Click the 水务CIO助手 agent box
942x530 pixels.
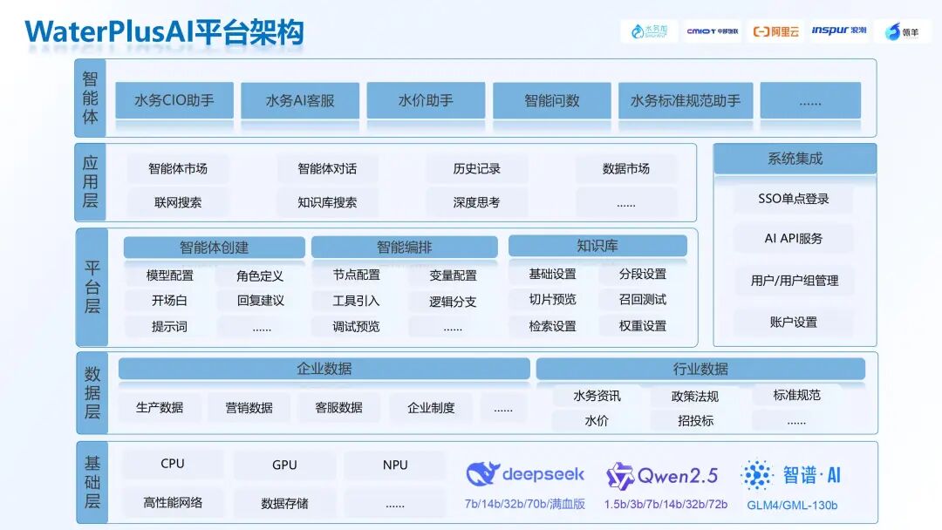tap(174, 100)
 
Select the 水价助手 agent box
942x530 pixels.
tap(426, 100)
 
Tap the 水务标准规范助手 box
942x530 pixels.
tap(685, 100)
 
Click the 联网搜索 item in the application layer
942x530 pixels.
tap(178, 202)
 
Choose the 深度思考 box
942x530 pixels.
tap(476, 202)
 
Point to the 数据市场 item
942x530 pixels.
tap(626, 169)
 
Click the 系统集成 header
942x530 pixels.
tap(795, 159)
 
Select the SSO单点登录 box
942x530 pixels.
tap(794, 199)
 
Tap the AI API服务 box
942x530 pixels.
tap(794, 238)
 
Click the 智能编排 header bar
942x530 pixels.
tap(404, 248)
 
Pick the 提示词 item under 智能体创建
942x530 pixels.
tap(169, 327)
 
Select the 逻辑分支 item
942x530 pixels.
tap(453, 302)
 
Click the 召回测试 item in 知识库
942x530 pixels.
tap(643, 300)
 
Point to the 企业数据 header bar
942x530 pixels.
tap(324, 369)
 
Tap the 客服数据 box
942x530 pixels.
tap(338, 407)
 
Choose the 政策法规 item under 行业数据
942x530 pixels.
tap(695, 397)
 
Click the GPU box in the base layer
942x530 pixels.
tap(284, 465)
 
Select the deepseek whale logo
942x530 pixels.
tap(482, 474)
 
